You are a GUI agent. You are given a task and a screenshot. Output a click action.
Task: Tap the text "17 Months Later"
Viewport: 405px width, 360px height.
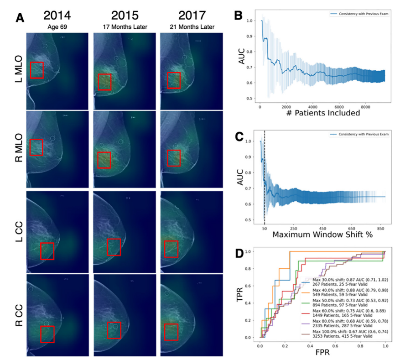point(123,27)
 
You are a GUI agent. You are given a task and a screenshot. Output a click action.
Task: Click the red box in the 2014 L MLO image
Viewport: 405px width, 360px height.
point(36,70)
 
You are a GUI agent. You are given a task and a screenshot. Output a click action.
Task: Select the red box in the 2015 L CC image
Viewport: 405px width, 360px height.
point(114,246)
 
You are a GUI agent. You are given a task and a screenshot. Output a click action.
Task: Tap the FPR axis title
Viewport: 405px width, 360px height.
point(322,353)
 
